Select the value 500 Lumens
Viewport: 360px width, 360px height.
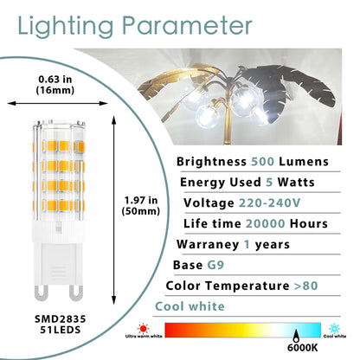coord(296,161)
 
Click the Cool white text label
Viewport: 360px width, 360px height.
coord(190,305)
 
